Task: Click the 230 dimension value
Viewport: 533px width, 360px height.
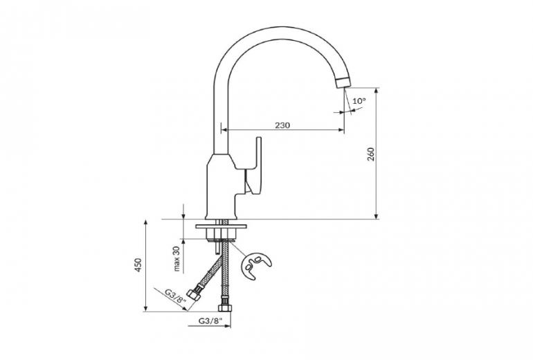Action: click(282, 125)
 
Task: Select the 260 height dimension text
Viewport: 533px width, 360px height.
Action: click(370, 154)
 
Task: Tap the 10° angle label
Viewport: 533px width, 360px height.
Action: click(359, 101)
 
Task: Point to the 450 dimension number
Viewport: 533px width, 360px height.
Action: click(138, 265)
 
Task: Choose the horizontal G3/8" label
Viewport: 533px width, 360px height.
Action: click(208, 321)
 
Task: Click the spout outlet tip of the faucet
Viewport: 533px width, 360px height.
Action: click(341, 84)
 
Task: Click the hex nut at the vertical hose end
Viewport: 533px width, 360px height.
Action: click(224, 307)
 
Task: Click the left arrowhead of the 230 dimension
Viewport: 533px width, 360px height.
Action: click(224, 129)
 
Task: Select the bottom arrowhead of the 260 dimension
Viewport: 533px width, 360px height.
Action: click(377, 216)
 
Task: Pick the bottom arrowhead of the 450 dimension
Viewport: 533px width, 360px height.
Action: click(145, 309)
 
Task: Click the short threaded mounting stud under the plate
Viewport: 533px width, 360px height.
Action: click(217, 247)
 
